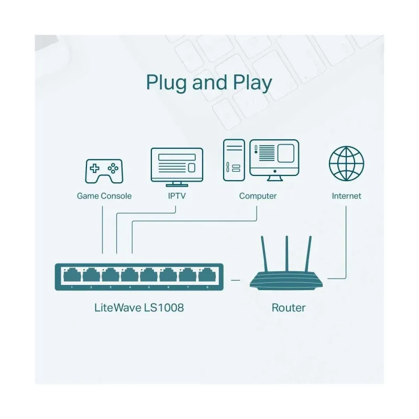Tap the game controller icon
coord(104,171)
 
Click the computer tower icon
coord(234,160)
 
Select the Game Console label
coord(104,196)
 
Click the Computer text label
coord(258,196)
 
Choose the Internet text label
coord(346,196)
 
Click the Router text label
coord(288,307)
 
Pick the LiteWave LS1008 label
coord(139,307)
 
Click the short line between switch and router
coord(236,280)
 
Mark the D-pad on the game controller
coord(95,169)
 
